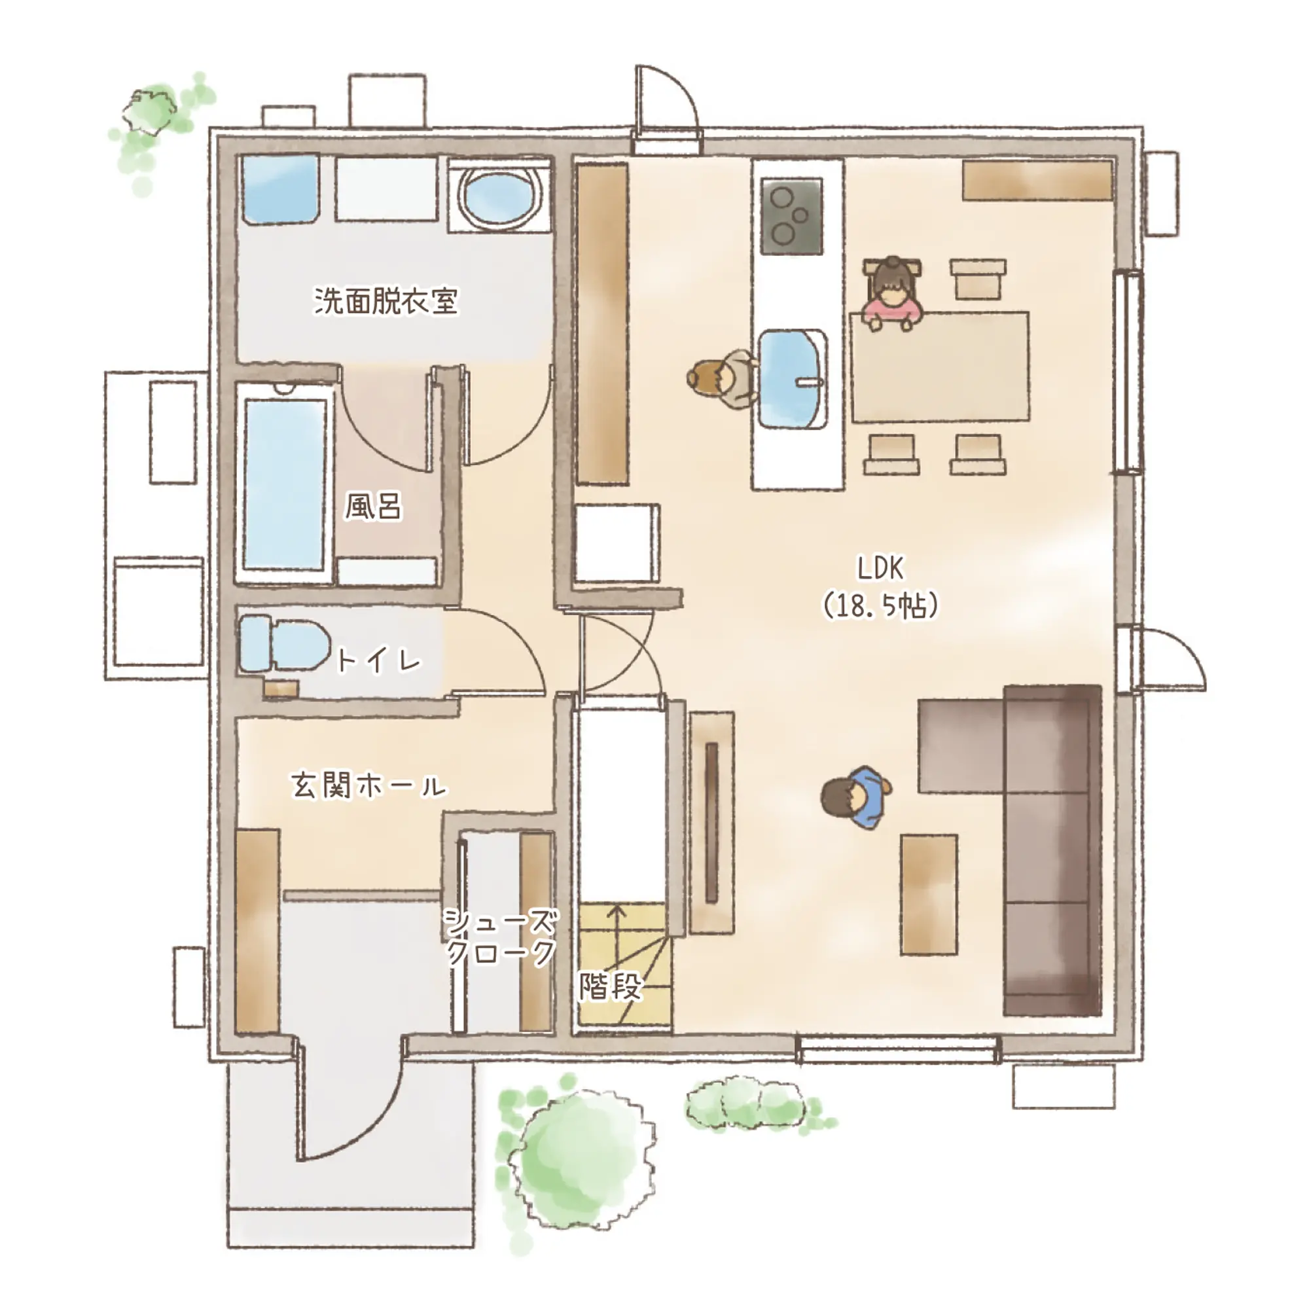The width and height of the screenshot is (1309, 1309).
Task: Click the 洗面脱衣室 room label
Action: coord(386,301)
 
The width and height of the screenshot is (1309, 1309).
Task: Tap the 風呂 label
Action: coord(372,505)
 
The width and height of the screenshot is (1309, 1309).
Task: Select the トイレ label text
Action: coord(378,659)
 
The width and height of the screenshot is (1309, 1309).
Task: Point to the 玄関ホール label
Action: coord(369,786)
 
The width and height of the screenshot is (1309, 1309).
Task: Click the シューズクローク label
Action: coord(501,939)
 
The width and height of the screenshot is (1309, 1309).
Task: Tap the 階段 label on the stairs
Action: coord(610,987)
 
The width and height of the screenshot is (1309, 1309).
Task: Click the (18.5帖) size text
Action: coord(881,605)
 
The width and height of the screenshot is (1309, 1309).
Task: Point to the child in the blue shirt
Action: coord(856,797)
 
